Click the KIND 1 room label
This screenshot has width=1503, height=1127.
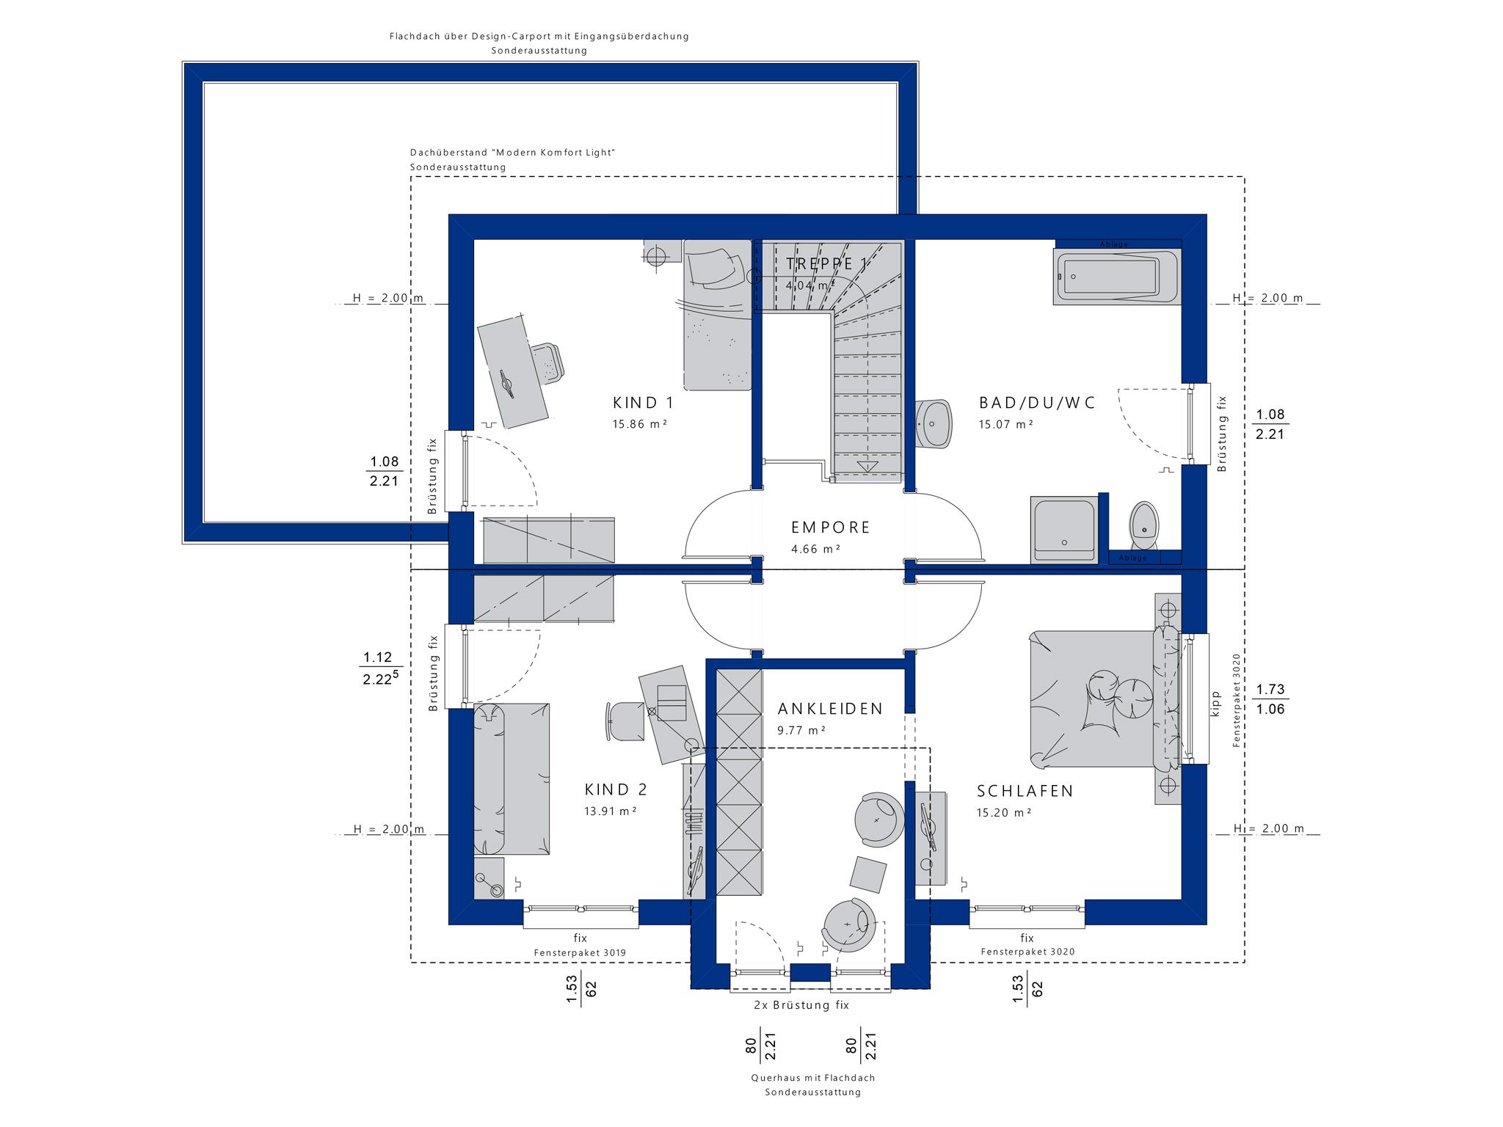[643, 403]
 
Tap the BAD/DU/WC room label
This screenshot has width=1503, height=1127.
[1037, 403]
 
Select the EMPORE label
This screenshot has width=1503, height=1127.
[831, 528]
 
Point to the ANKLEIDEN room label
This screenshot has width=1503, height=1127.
[830, 709]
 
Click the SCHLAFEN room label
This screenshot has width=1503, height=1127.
[1025, 791]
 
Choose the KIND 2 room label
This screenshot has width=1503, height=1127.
[616, 789]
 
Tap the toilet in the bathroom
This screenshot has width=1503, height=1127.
[1143, 525]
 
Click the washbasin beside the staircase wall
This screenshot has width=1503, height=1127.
[934, 423]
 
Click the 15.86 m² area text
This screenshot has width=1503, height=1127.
[640, 424]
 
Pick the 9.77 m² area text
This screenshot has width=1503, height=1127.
[801, 731]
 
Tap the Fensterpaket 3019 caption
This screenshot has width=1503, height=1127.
[580, 953]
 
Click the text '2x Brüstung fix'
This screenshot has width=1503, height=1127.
[801, 1005]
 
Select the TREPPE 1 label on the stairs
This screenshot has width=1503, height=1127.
[826, 263]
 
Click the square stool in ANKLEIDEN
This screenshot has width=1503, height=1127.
[868, 875]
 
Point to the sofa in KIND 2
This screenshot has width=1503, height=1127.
[511, 778]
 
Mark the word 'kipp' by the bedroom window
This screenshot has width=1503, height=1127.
[1215, 703]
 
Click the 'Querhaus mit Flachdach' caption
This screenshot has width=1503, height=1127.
[813, 1078]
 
